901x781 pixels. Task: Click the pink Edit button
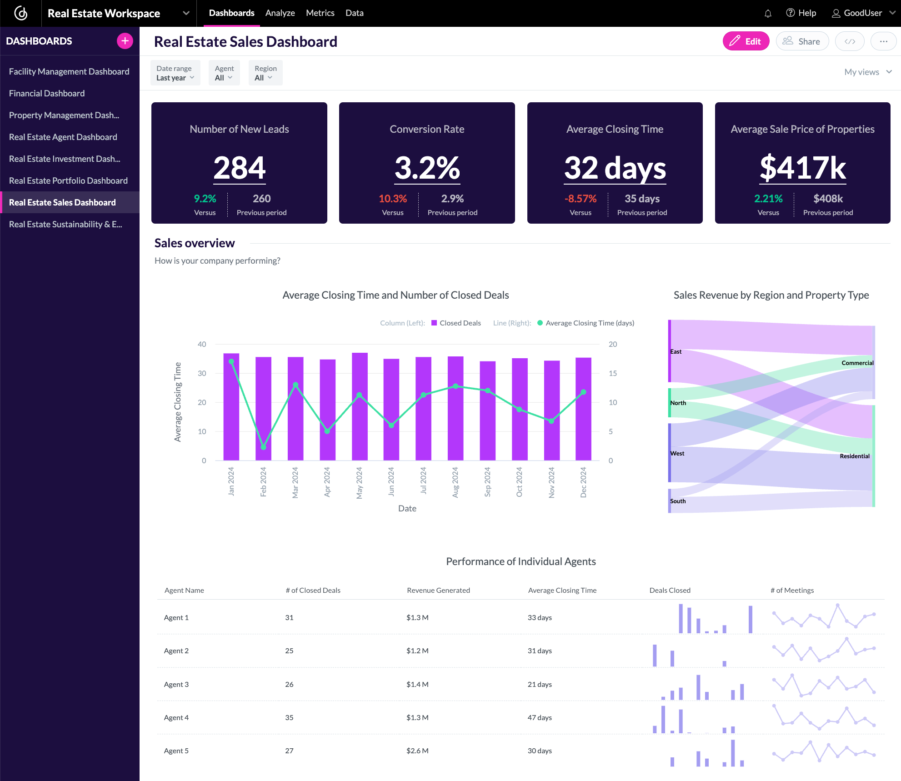click(x=746, y=41)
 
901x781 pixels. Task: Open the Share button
click(x=802, y=41)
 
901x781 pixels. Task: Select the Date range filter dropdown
click(x=175, y=73)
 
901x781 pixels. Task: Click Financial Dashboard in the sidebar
click(x=47, y=93)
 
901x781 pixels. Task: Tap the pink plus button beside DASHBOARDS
click(x=125, y=41)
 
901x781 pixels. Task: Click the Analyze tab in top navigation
click(x=280, y=13)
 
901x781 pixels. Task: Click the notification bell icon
click(x=768, y=14)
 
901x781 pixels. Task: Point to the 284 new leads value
click(x=239, y=168)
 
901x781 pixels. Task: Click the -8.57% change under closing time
click(x=580, y=199)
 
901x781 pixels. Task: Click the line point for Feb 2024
click(x=263, y=447)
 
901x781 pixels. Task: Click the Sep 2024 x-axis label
click(x=487, y=482)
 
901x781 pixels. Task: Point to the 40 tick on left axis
click(x=202, y=344)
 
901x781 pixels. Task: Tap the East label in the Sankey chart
click(x=676, y=351)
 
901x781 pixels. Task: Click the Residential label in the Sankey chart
click(x=854, y=456)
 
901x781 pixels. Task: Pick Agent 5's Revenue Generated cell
click(x=417, y=751)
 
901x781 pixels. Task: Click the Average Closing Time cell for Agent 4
click(x=540, y=717)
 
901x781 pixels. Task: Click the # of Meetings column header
click(x=792, y=590)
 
